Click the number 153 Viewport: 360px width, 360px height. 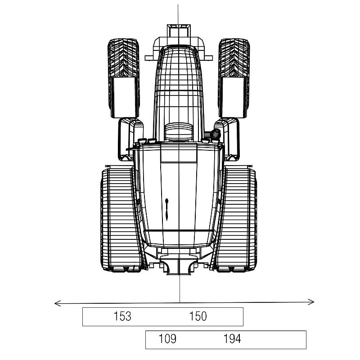tap(122, 316)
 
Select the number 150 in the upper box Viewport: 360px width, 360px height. tap(198, 316)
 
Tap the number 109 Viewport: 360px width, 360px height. tap(167, 339)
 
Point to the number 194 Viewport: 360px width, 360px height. tap(232, 339)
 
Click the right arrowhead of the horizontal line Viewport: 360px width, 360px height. tap(314, 301)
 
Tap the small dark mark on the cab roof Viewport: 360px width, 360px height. tap(166, 209)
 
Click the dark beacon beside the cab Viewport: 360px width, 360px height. tap(216, 134)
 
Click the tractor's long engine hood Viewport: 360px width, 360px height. tap(179, 85)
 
